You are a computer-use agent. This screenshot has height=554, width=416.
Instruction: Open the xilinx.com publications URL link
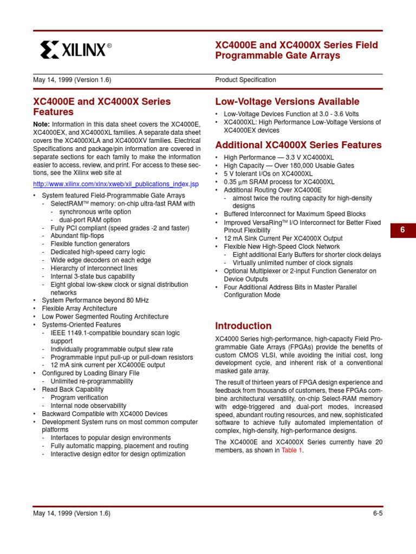pyautogui.click(x=116, y=184)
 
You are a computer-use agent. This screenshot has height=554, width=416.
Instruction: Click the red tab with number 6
pyautogui.click(x=402, y=230)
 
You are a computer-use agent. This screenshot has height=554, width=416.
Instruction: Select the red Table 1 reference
pyautogui.click(x=291, y=450)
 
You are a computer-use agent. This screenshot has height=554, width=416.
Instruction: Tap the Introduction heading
pyautogui.click(x=243, y=326)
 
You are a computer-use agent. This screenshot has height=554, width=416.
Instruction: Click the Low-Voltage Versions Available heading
pyautogui.click(x=287, y=101)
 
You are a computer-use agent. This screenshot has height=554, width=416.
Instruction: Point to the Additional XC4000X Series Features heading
pyautogui.click(x=298, y=145)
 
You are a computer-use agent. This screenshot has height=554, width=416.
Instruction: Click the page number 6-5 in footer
pyautogui.click(x=377, y=513)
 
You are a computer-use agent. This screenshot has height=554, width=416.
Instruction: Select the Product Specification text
pyautogui.click(x=245, y=80)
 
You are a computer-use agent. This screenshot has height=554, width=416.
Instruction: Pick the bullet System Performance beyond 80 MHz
pyautogui.click(x=95, y=300)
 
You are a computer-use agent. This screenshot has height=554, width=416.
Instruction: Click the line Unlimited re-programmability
pyautogui.click(x=92, y=381)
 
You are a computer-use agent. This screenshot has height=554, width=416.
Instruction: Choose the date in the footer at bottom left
pyautogui.click(x=72, y=513)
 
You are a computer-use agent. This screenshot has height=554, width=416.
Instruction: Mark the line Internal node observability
pyautogui.click(x=88, y=406)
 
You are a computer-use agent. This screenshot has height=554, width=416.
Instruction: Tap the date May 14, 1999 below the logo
pyautogui.click(x=72, y=80)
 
